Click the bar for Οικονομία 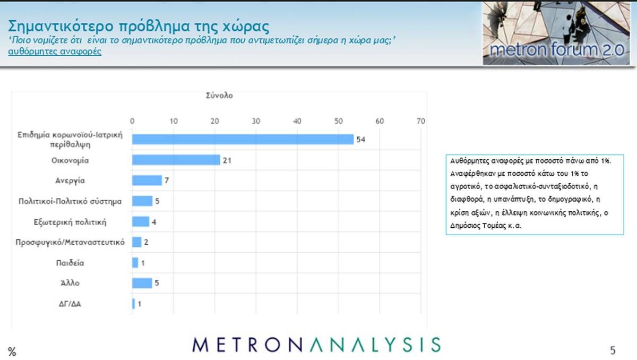(176, 160)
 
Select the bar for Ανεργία (147, 181)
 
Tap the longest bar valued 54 (243, 139)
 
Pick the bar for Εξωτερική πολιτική (141, 222)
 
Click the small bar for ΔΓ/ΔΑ (133, 304)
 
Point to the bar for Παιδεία (135, 263)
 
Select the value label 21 (227, 160)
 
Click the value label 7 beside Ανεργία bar (167, 181)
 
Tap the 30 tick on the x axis (256, 121)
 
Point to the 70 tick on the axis (421, 121)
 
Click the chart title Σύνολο (219, 96)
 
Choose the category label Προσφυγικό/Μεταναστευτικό (70, 242)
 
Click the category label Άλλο (70, 283)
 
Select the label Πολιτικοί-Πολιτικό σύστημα (70, 201)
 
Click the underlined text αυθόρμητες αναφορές (55, 52)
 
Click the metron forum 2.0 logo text (556, 49)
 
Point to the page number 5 (613, 350)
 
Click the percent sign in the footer (12, 352)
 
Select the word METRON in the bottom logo (247, 345)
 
